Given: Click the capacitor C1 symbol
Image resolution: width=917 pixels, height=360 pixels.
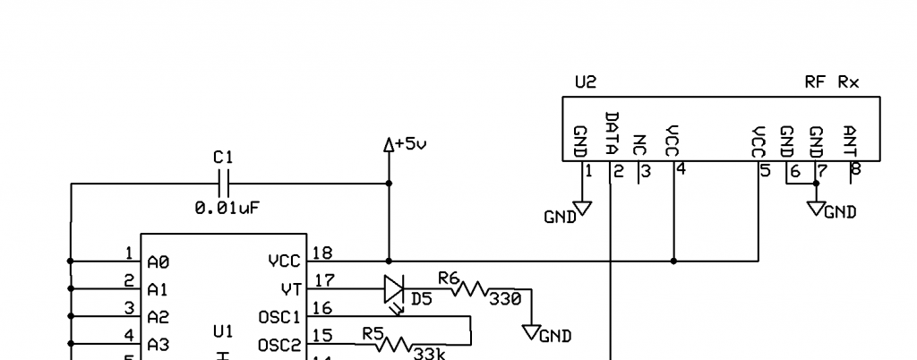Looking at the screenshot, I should point(224,184).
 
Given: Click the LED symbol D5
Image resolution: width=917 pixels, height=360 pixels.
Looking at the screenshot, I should point(395,289).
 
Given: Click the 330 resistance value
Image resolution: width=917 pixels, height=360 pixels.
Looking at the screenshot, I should point(506,300).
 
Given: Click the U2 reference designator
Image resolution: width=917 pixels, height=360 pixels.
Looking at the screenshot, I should point(585,82).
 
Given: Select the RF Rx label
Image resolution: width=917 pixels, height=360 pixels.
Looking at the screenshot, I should point(832,82).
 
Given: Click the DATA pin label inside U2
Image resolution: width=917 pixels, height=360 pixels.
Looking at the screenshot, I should point(612,133).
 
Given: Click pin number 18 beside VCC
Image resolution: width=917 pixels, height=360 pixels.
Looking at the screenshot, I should point(322,253).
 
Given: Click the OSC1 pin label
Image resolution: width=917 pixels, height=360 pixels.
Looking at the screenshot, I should point(278,316).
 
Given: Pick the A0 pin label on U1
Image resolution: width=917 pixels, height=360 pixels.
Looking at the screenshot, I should point(159,262).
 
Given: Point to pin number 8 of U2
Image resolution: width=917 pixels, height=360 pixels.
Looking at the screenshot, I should point(856,169).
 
